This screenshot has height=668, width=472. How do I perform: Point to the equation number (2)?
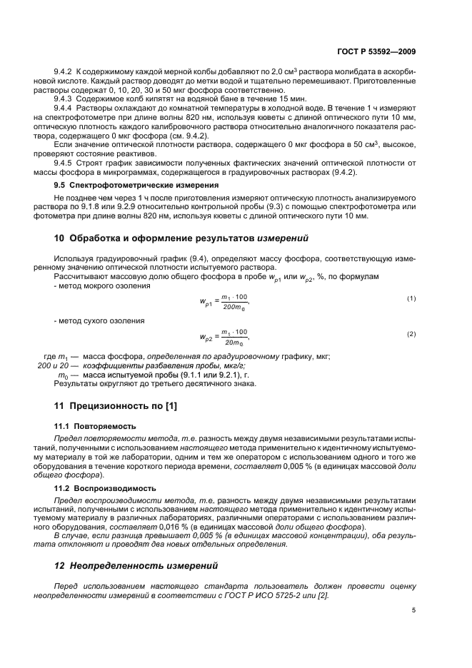pos(411,334)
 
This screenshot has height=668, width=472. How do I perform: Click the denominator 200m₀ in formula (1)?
pos(233,306)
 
